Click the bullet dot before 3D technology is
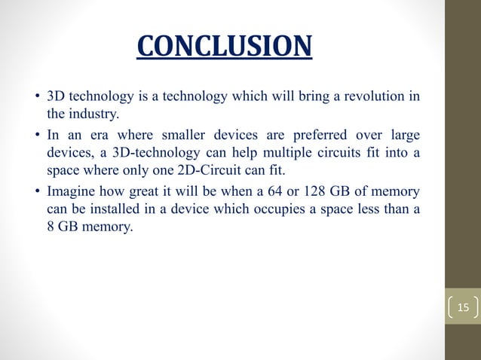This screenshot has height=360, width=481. point(37,99)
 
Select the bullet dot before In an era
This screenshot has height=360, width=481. point(37,136)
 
